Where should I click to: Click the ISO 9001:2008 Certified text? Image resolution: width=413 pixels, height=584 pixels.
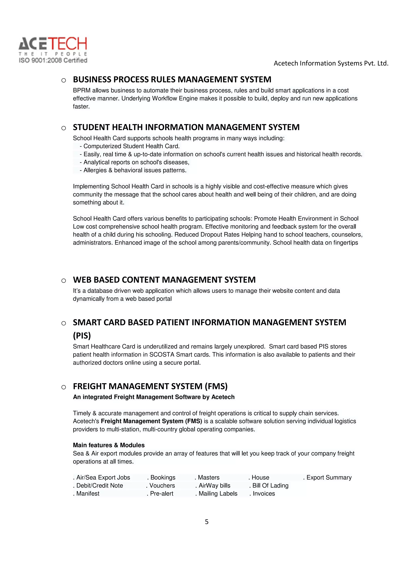tap(53, 60)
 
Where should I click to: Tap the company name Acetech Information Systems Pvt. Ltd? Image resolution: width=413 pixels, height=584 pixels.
tap(331, 63)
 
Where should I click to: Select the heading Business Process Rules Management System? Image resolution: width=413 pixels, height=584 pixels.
tap(172, 80)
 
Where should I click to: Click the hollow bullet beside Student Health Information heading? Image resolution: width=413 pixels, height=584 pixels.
tap(64, 128)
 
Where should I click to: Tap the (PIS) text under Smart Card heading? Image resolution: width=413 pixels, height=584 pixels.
tap(82, 336)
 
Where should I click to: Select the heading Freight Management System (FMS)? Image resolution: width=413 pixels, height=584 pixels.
tap(150, 386)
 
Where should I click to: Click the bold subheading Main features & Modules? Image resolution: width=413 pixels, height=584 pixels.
tap(109, 445)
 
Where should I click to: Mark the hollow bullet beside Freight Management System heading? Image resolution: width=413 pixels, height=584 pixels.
tap(64, 387)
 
